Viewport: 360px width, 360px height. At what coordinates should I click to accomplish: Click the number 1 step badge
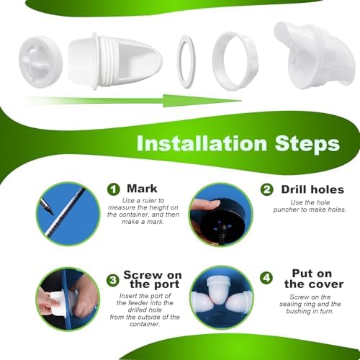(113, 189)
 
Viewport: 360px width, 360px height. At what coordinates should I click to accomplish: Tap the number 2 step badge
(266, 190)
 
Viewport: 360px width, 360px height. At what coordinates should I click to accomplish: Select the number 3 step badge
(113, 280)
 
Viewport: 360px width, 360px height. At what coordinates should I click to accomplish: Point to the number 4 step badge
(266, 278)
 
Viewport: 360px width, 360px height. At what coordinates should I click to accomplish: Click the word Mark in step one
(142, 189)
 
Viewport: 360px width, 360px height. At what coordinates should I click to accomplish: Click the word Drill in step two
(294, 189)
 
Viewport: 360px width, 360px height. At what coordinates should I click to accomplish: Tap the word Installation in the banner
(202, 143)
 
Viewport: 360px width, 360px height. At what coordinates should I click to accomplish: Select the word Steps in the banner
(307, 145)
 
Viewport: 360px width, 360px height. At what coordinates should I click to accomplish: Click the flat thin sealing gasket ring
(186, 61)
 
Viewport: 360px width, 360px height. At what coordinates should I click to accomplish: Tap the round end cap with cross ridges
(40, 62)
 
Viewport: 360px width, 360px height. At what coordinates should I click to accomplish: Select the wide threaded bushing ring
(235, 61)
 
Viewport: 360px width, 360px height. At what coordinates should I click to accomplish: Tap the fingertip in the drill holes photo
(206, 204)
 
